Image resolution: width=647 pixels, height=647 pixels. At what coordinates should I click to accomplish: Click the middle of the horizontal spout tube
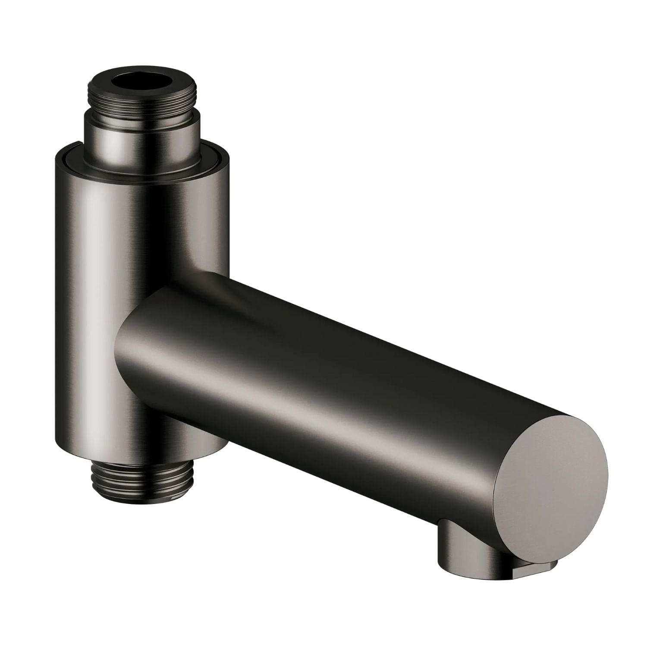345,380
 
